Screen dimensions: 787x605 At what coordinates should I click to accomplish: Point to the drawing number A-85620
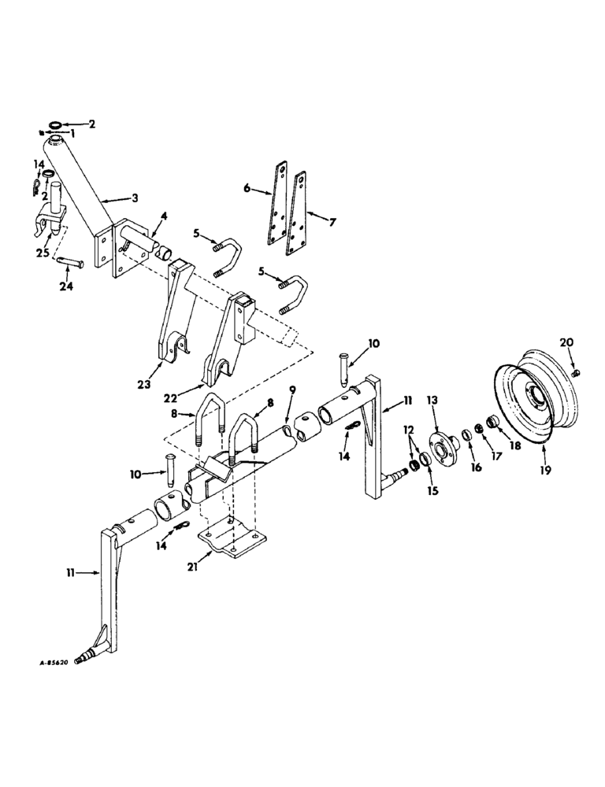click(59, 663)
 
